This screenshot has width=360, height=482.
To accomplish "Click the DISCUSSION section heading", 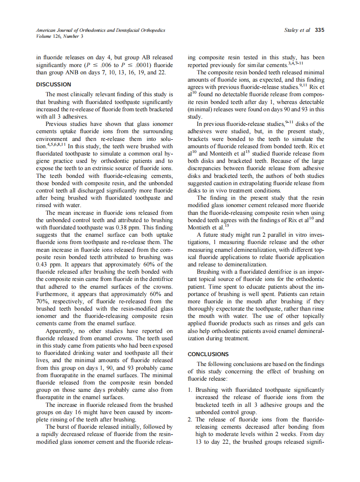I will tap(54, 84).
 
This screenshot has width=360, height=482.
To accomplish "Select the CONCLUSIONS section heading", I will tap(208, 354).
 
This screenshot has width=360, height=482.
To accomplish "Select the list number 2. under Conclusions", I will tap(191, 419).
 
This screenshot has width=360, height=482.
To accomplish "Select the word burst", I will tap(64, 427).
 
